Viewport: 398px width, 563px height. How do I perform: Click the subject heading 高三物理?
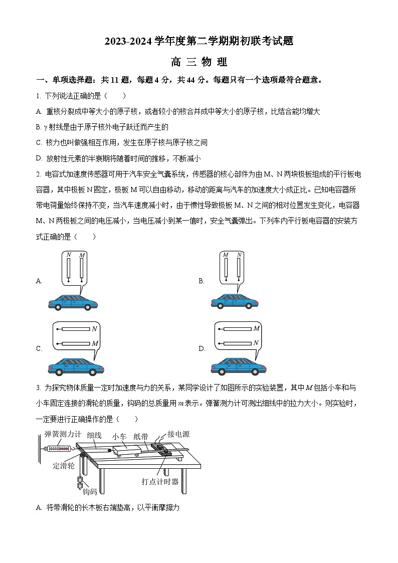click(199, 62)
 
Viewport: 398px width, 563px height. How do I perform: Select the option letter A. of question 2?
click(39, 281)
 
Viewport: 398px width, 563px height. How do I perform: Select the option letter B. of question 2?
click(202, 281)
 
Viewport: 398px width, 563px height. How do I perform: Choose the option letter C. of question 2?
click(39, 349)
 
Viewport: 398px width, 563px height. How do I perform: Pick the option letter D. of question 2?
click(202, 349)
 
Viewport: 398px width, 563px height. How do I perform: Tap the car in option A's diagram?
click(73, 301)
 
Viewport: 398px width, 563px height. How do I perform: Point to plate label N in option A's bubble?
click(68, 255)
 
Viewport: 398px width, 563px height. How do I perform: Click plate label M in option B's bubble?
click(226, 255)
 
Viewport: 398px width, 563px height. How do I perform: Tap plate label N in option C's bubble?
click(94, 329)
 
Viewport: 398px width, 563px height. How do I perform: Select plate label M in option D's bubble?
click(256, 328)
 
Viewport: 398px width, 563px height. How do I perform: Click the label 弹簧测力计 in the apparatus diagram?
click(63, 434)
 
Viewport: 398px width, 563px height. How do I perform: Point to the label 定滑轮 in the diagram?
click(64, 466)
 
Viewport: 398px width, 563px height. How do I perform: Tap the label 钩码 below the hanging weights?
click(89, 491)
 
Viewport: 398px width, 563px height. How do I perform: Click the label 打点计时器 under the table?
click(160, 482)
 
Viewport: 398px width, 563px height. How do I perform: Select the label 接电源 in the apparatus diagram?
click(178, 434)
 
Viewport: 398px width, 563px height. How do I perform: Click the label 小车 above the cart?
click(119, 437)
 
